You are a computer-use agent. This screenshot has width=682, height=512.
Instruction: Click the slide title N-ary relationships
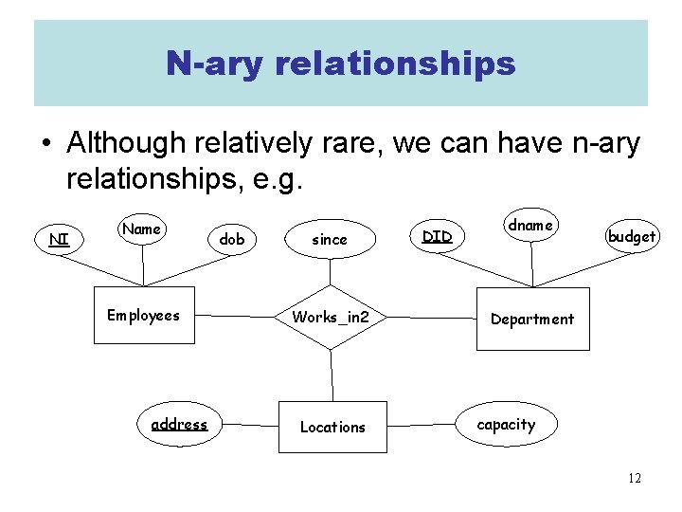click(x=340, y=64)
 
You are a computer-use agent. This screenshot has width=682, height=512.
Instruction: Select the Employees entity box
click(x=144, y=316)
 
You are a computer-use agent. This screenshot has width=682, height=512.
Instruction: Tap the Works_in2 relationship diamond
click(x=331, y=317)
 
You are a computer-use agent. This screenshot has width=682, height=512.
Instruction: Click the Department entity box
click(x=531, y=319)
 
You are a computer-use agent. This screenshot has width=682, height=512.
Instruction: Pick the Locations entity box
click(x=332, y=427)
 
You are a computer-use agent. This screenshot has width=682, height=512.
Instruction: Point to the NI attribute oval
click(x=59, y=239)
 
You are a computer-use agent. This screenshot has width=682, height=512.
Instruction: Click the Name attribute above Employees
click(x=142, y=229)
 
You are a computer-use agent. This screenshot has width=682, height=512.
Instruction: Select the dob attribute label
click(x=231, y=240)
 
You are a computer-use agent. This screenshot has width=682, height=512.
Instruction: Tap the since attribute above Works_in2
click(x=330, y=240)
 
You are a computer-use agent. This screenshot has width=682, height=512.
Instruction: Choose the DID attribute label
click(x=437, y=235)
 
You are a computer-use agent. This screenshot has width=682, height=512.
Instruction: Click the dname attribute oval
click(x=530, y=226)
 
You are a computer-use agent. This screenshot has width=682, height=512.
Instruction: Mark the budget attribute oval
click(x=632, y=236)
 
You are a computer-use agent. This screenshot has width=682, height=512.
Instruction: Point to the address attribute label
click(x=179, y=424)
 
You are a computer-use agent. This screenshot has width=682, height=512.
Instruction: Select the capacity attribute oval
click(x=506, y=424)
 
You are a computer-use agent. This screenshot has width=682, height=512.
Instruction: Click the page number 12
click(x=634, y=478)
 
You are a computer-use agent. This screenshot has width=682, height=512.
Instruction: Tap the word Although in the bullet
click(x=126, y=143)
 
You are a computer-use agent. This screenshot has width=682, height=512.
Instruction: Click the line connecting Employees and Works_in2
click(x=236, y=315)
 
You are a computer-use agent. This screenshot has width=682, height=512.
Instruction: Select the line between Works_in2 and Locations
click(x=332, y=375)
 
